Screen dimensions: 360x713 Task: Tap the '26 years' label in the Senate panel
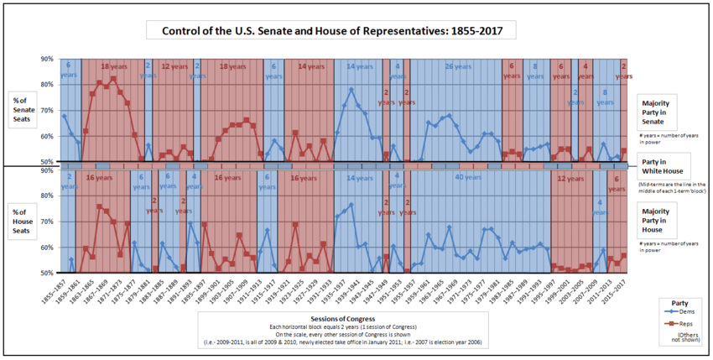coord(460,66)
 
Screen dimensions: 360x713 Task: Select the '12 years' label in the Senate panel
coord(174,66)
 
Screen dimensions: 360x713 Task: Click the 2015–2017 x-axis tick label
coord(621,290)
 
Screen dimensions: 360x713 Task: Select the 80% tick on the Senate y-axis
coord(45,85)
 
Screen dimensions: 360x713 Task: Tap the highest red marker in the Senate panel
coord(113,79)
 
